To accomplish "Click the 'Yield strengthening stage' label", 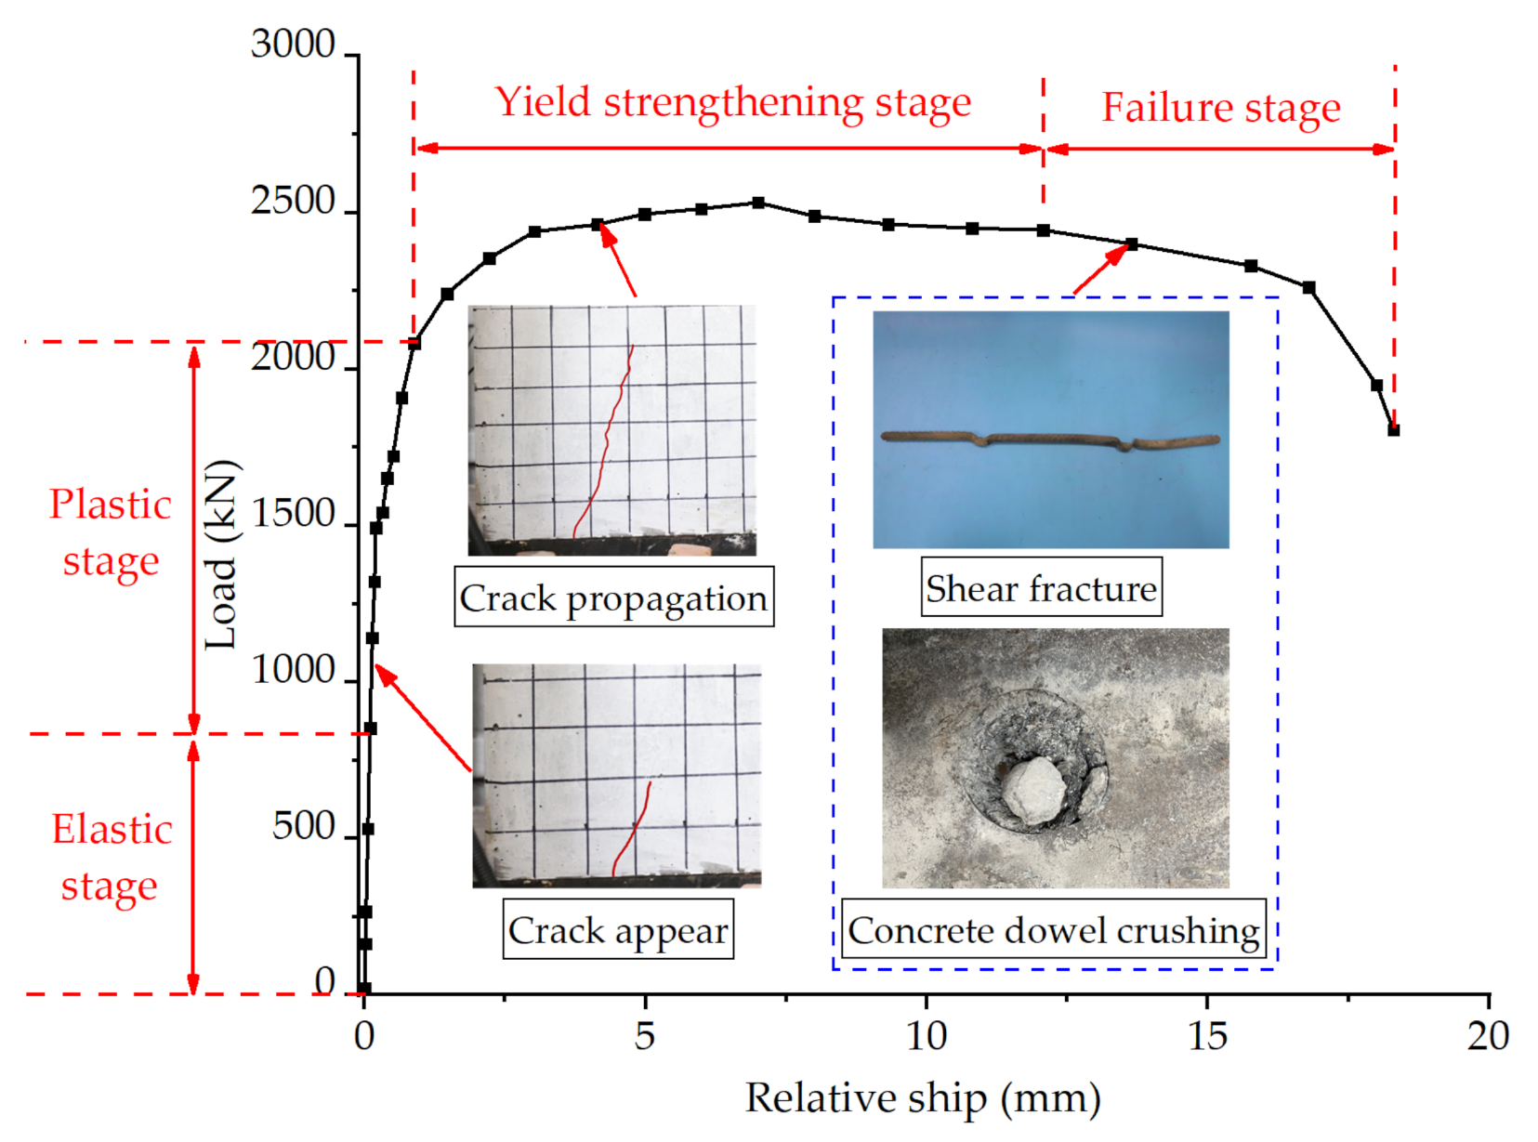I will click(732, 102).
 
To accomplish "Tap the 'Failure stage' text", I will click(1220, 108).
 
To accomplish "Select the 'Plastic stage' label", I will click(111, 532).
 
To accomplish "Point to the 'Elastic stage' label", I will click(111, 857).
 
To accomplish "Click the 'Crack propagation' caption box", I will click(613, 598).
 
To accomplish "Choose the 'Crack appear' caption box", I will click(618, 930).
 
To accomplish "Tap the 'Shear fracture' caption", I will click(1041, 588).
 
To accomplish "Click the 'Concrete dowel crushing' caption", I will click(1053, 930).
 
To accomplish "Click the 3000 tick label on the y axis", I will click(293, 45).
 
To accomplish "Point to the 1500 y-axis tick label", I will click(293, 514).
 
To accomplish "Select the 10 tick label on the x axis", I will click(926, 1035).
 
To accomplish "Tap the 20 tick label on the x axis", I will click(1488, 1035).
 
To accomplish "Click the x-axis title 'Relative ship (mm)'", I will click(923, 1098).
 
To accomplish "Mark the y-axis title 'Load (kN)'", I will click(222, 555).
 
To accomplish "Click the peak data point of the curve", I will click(758, 203).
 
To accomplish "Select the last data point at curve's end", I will click(1393, 430).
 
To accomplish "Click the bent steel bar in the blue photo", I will click(1050, 439).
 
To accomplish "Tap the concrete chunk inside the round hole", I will click(1032, 791).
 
